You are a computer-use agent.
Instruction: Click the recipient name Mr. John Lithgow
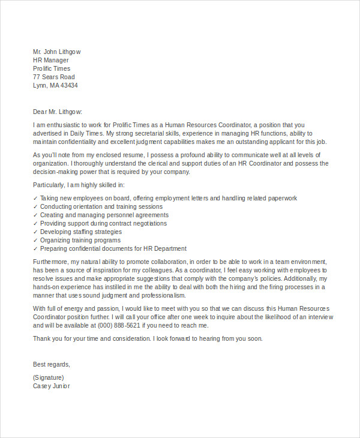tap(56, 52)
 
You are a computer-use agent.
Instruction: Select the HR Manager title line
tap(50, 60)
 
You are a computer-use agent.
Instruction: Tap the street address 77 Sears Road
tap(53, 77)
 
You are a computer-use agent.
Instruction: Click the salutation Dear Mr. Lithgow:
tap(57, 111)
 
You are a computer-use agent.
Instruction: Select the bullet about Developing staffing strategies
tap(80, 232)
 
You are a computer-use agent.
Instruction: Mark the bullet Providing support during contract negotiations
tap(103, 223)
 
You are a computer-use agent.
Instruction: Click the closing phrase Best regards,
tap(51, 364)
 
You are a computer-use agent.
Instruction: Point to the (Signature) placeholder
tap(48, 377)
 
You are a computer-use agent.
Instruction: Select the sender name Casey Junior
tap(51, 386)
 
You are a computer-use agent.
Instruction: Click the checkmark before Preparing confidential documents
tap(35, 249)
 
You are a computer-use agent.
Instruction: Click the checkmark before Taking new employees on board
tap(35, 199)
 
